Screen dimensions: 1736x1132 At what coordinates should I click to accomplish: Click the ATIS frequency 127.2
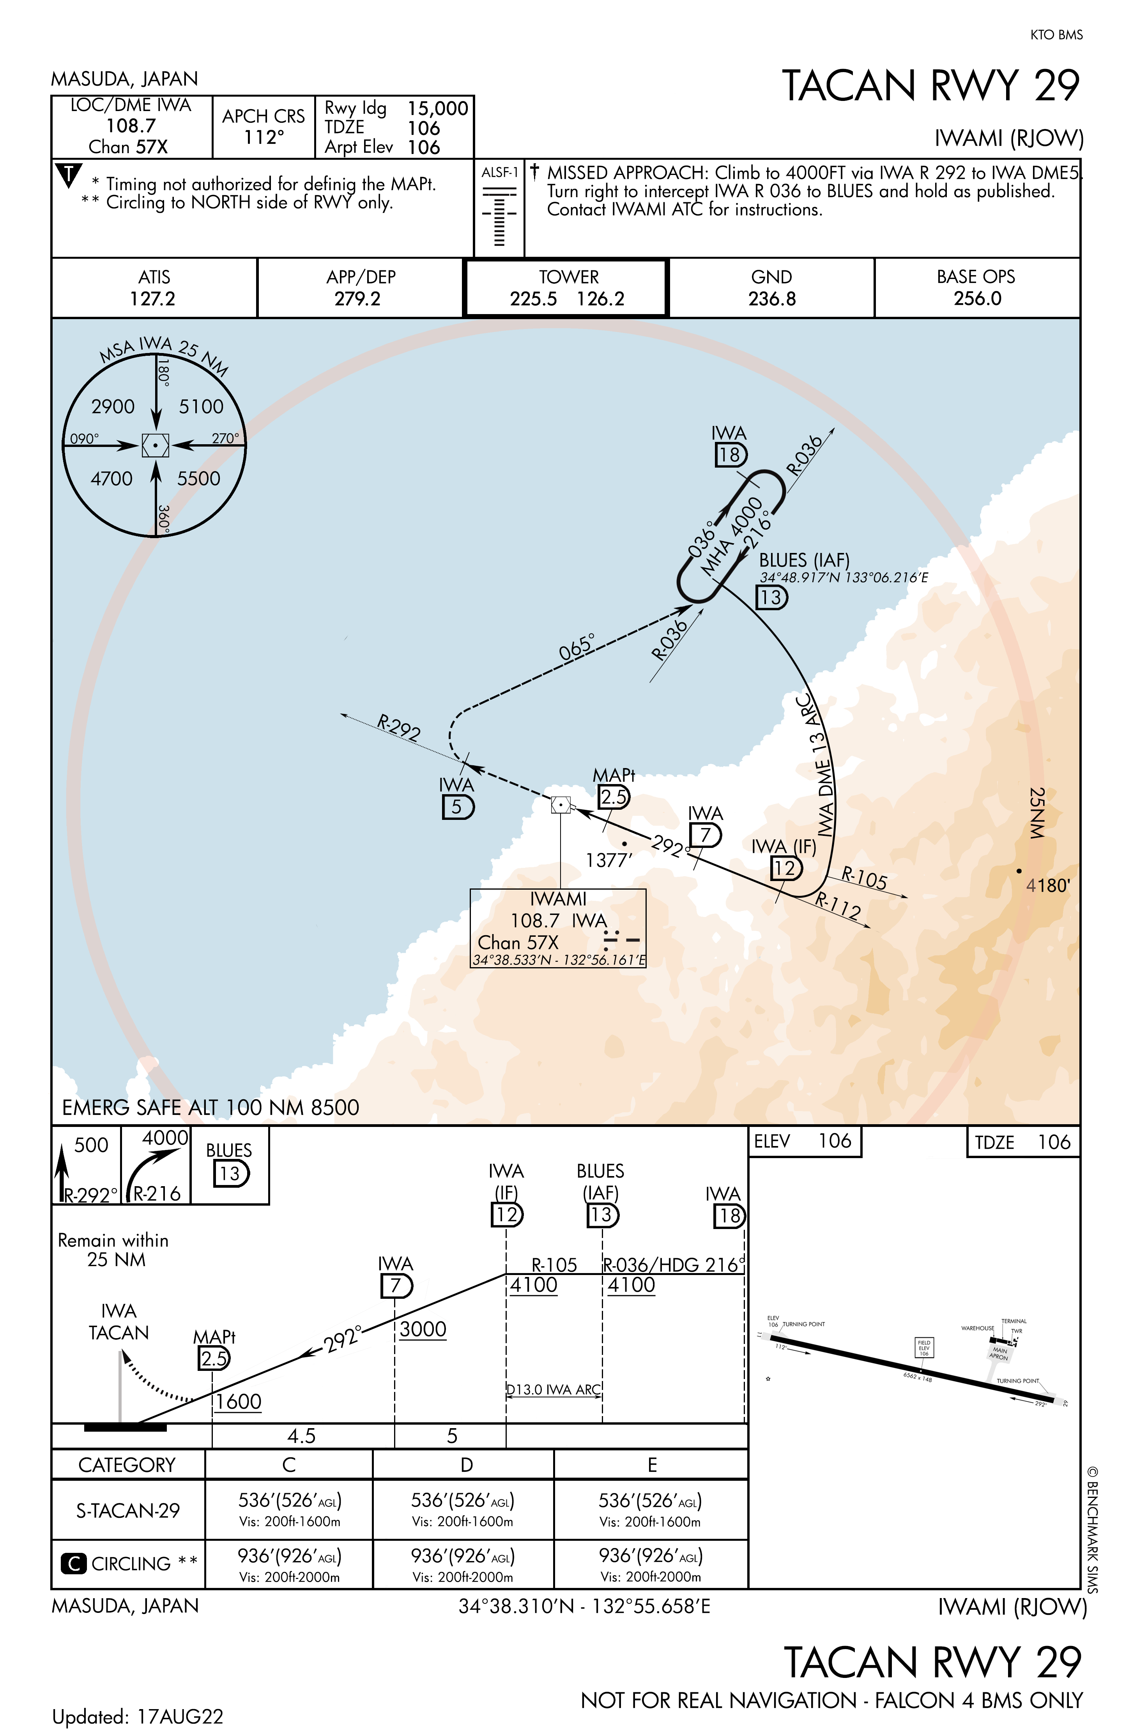(x=152, y=299)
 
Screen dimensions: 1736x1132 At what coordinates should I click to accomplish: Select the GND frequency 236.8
(x=771, y=299)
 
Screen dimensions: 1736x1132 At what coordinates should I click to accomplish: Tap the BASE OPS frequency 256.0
(x=977, y=299)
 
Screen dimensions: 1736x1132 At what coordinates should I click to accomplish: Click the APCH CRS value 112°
(x=264, y=137)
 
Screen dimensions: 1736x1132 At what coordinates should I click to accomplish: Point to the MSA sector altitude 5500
(x=198, y=479)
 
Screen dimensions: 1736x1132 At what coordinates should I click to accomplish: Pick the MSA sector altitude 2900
(x=113, y=406)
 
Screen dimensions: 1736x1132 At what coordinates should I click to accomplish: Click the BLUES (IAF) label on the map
(x=804, y=560)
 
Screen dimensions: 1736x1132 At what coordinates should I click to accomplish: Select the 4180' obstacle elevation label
(x=1048, y=885)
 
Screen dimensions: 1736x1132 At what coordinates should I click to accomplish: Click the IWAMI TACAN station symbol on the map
(x=561, y=805)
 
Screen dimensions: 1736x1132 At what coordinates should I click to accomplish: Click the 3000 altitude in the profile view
(x=423, y=1329)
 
